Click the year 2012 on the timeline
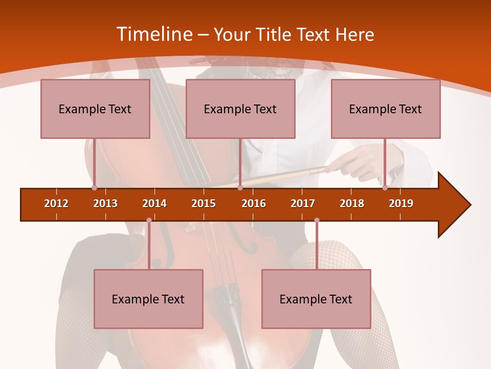(56, 203)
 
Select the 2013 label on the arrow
(105, 203)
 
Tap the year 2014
(154, 203)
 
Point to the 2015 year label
(204, 203)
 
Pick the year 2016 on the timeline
(254, 203)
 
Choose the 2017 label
(303, 203)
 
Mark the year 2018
(352, 203)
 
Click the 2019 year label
(401, 203)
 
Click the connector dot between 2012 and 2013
(94, 188)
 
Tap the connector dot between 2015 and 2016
(240, 188)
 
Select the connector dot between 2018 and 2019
(385, 188)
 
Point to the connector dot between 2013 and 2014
(149, 220)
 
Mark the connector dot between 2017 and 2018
(317, 220)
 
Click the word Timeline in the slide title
(153, 34)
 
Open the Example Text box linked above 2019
(386, 109)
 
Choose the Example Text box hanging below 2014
(148, 299)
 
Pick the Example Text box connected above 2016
(240, 109)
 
